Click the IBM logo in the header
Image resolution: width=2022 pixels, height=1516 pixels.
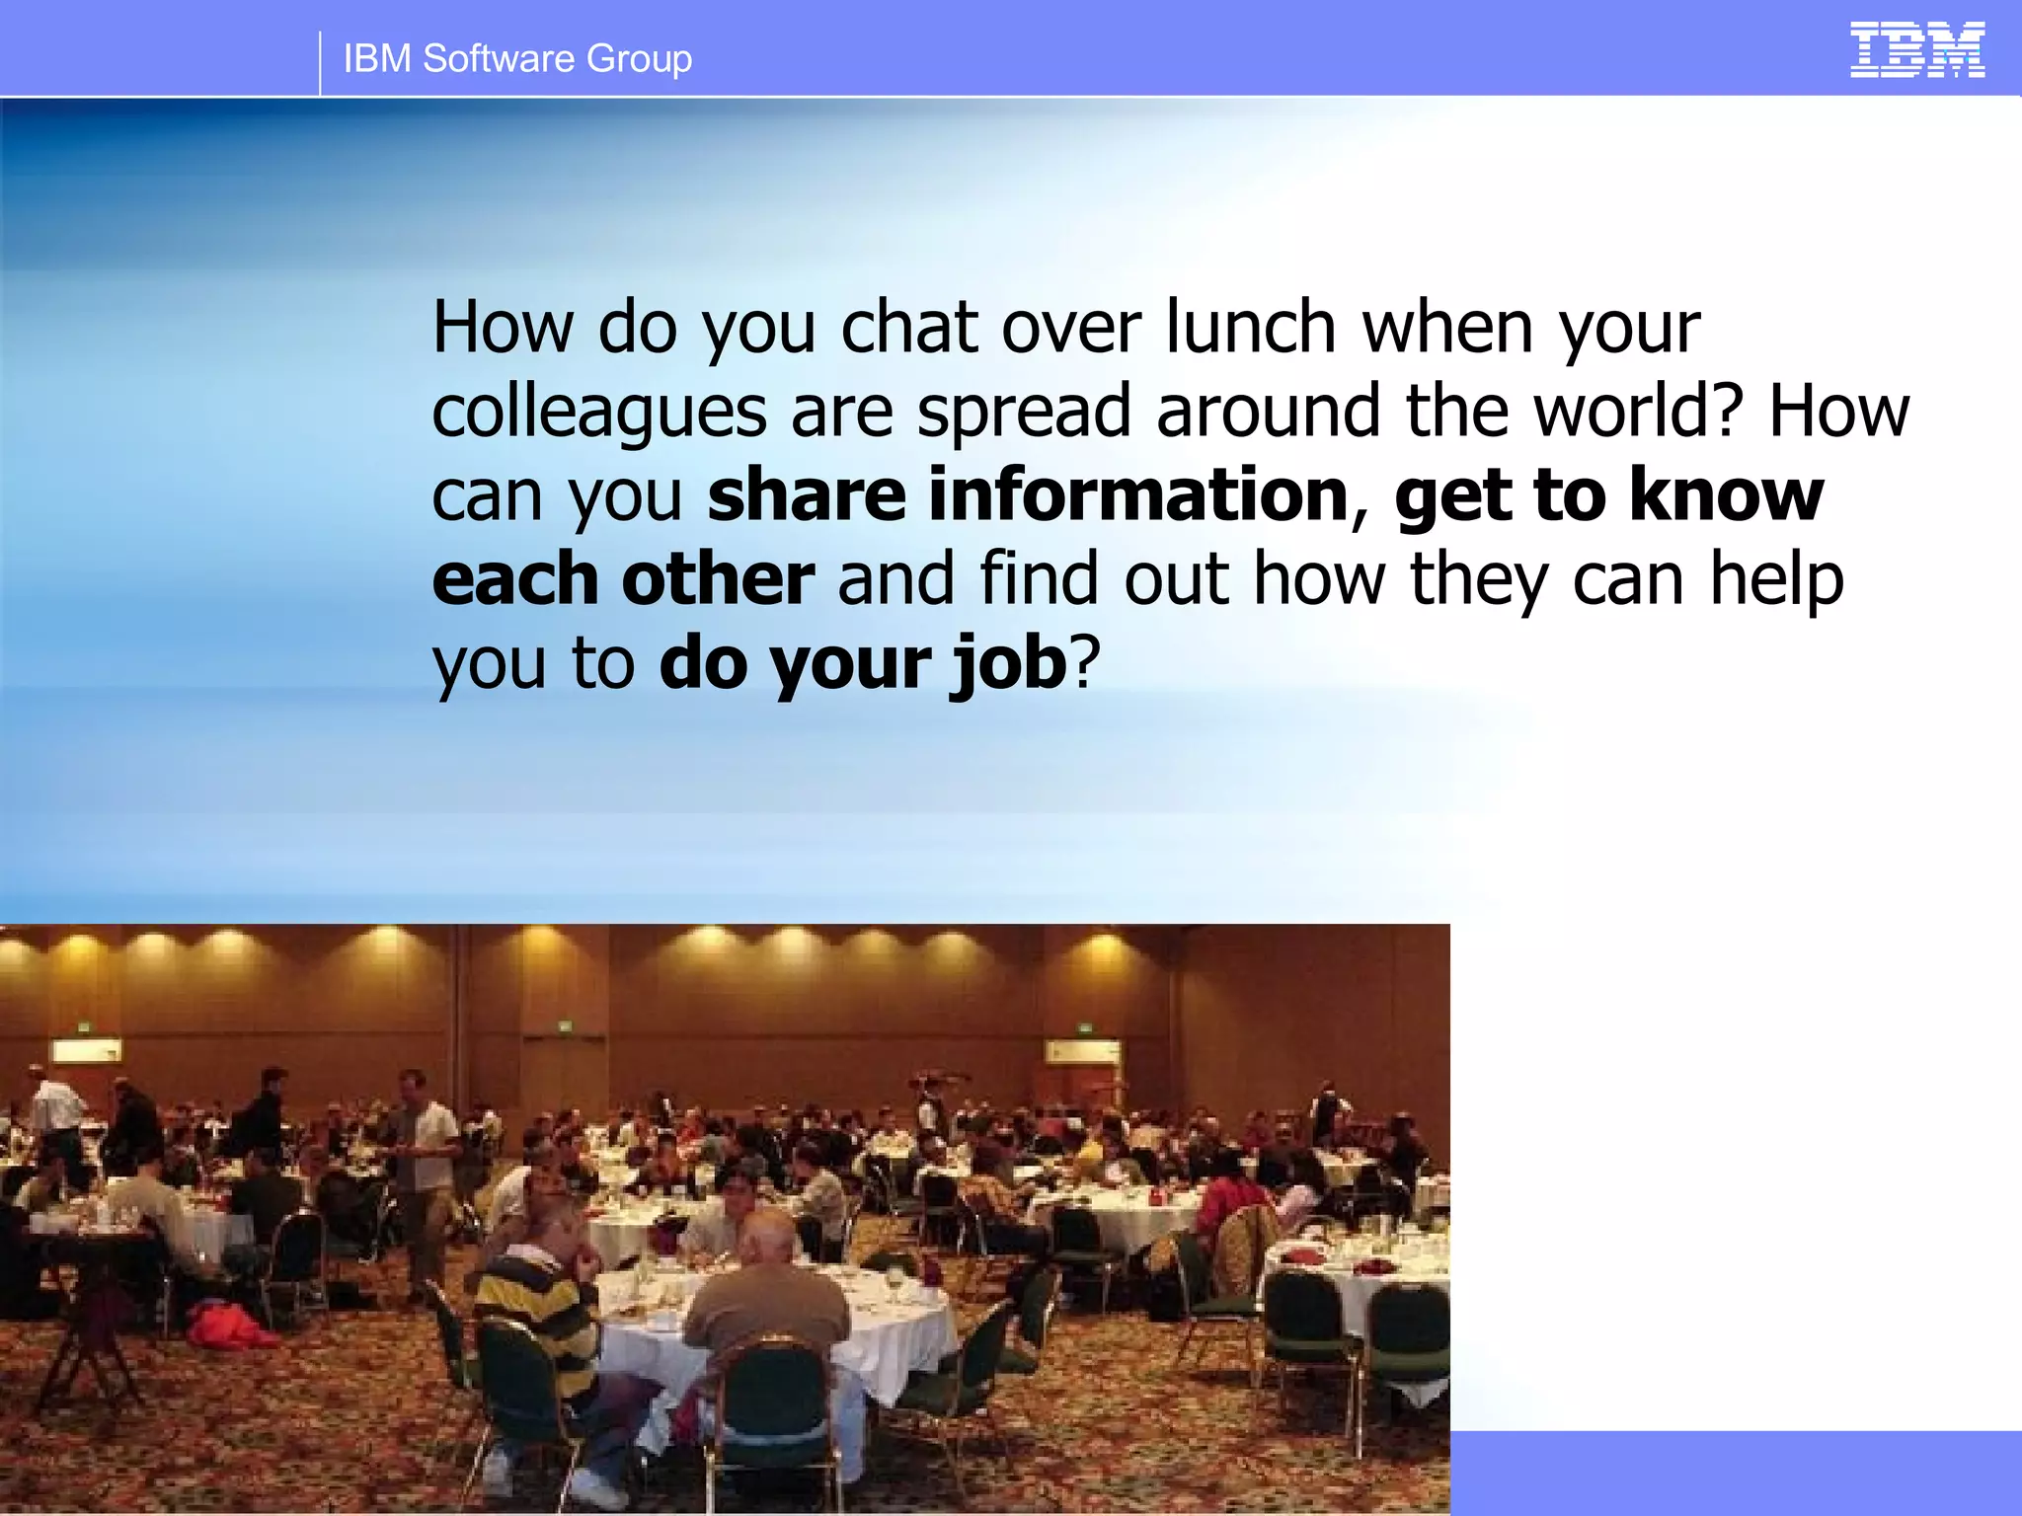click(1916, 50)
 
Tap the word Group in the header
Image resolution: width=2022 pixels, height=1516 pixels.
click(639, 59)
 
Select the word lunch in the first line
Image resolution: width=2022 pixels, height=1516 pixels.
click(1250, 327)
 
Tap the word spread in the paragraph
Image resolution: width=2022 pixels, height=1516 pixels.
click(1023, 413)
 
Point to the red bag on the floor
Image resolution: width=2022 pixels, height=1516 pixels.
click(227, 1325)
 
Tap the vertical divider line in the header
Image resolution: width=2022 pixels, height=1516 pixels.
click(320, 61)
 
